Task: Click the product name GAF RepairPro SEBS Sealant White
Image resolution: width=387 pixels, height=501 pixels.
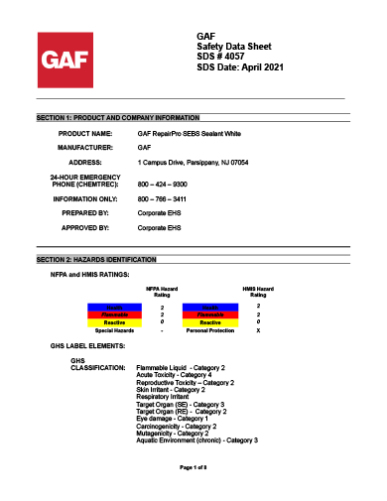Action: (189, 132)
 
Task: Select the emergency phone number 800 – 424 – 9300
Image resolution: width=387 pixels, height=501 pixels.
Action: (164, 185)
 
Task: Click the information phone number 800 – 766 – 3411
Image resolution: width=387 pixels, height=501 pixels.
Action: (164, 199)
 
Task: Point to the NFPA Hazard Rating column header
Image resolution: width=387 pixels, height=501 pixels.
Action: (162, 292)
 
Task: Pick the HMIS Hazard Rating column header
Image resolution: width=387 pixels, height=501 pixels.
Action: (258, 292)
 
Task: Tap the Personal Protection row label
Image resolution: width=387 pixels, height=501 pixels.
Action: (209, 330)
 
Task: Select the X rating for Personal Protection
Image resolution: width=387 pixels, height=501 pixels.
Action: (258, 330)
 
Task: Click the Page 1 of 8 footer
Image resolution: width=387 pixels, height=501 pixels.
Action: (193, 466)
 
